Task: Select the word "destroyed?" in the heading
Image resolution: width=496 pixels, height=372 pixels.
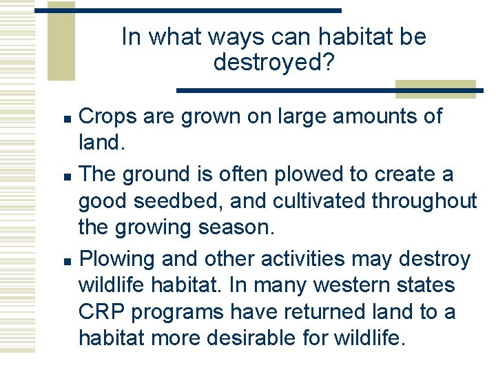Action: point(274,63)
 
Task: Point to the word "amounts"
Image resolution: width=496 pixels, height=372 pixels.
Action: point(375,116)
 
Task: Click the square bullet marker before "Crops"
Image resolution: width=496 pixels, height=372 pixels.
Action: point(66,117)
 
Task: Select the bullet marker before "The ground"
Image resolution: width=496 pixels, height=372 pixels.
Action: point(66,176)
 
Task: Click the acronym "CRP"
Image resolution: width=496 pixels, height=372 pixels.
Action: point(101,312)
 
